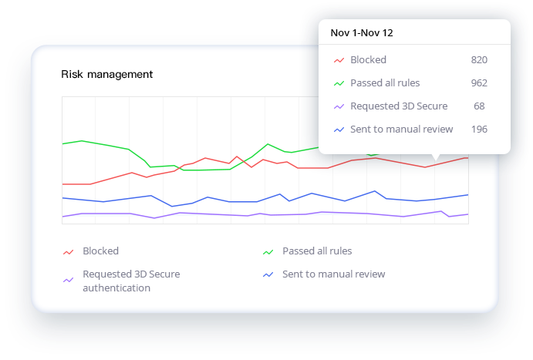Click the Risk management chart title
pyautogui.click(x=106, y=75)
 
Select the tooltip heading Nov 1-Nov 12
pyautogui.click(x=363, y=33)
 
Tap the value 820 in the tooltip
pyautogui.click(x=479, y=60)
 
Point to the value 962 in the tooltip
pyautogui.click(x=479, y=83)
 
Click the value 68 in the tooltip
pyautogui.click(x=479, y=106)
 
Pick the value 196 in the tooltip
pyautogui.click(x=479, y=130)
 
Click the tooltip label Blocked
pyautogui.click(x=368, y=60)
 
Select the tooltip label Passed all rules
pyautogui.click(x=385, y=83)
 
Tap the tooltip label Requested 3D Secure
pyautogui.click(x=399, y=106)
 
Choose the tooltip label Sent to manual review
pyautogui.click(x=402, y=130)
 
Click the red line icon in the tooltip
pyautogui.click(x=339, y=60)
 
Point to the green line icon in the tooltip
pyautogui.click(x=339, y=83)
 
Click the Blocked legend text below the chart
pyautogui.click(x=100, y=251)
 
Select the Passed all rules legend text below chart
pyautogui.click(x=317, y=251)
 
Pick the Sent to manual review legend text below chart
pyautogui.click(x=333, y=274)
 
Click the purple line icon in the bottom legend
pyautogui.click(x=68, y=280)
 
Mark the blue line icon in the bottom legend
pyautogui.click(x=268, y=274)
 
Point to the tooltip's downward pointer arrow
pyautogui.click(x=436, y=157)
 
